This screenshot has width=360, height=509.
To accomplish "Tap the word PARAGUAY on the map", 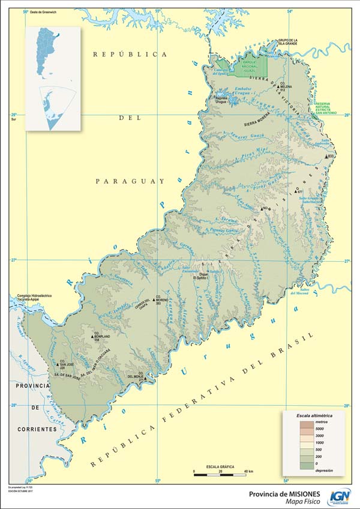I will pos(130,181).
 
